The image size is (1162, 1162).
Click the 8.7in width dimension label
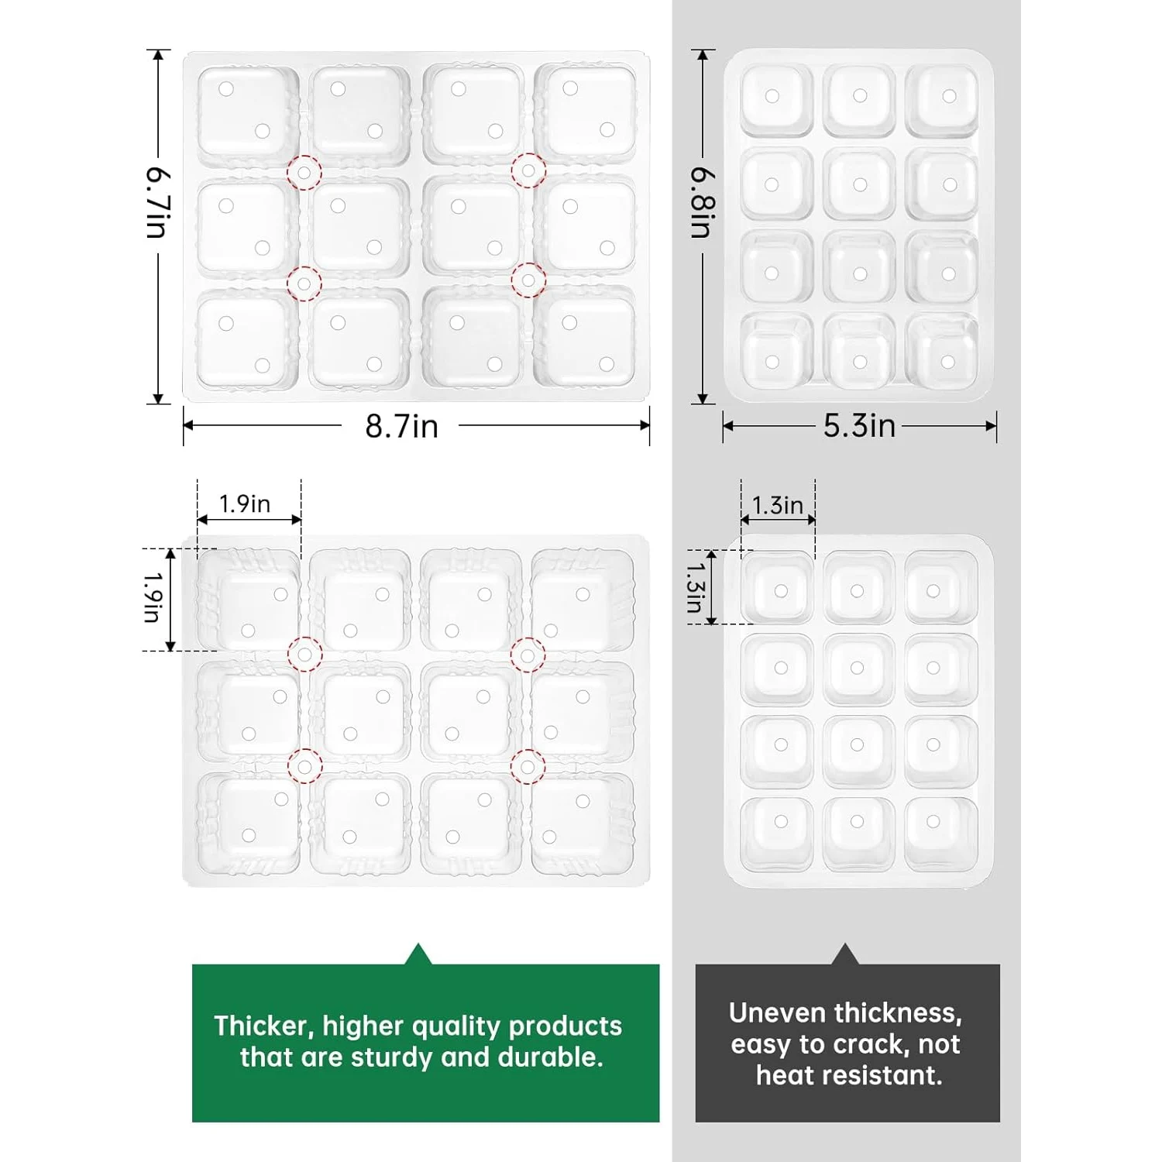pyautogui.click(x=401, y=427)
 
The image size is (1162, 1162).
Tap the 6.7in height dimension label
pyautogui.click(x=157, y=202)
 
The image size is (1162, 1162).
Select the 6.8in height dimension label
pyautogui.click(x=703, y=203)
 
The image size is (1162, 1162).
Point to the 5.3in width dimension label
pyautogui.click(x=859, y=426)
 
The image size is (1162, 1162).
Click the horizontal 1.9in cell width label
pyautogui.click(x=245, y=504)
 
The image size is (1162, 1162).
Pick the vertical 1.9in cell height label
pyautogui.click(x=152, y=597)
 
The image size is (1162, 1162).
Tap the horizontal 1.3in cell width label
pyautogui.click(x=777, y=506)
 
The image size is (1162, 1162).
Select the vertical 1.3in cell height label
pyautogui.click(x=695, y=586)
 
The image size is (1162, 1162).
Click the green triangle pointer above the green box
pyautogui.click(x=418, y=956)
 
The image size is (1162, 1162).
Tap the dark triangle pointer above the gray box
pyautogui.click(x=846, y=956)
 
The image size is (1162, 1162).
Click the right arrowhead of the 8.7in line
pyautogui.click(x=645, y=425)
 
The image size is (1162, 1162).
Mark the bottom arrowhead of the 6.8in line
pyautogui.click(x=703, y=398)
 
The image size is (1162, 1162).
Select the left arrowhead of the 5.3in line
pyautogui.click(x=728, y=426)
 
